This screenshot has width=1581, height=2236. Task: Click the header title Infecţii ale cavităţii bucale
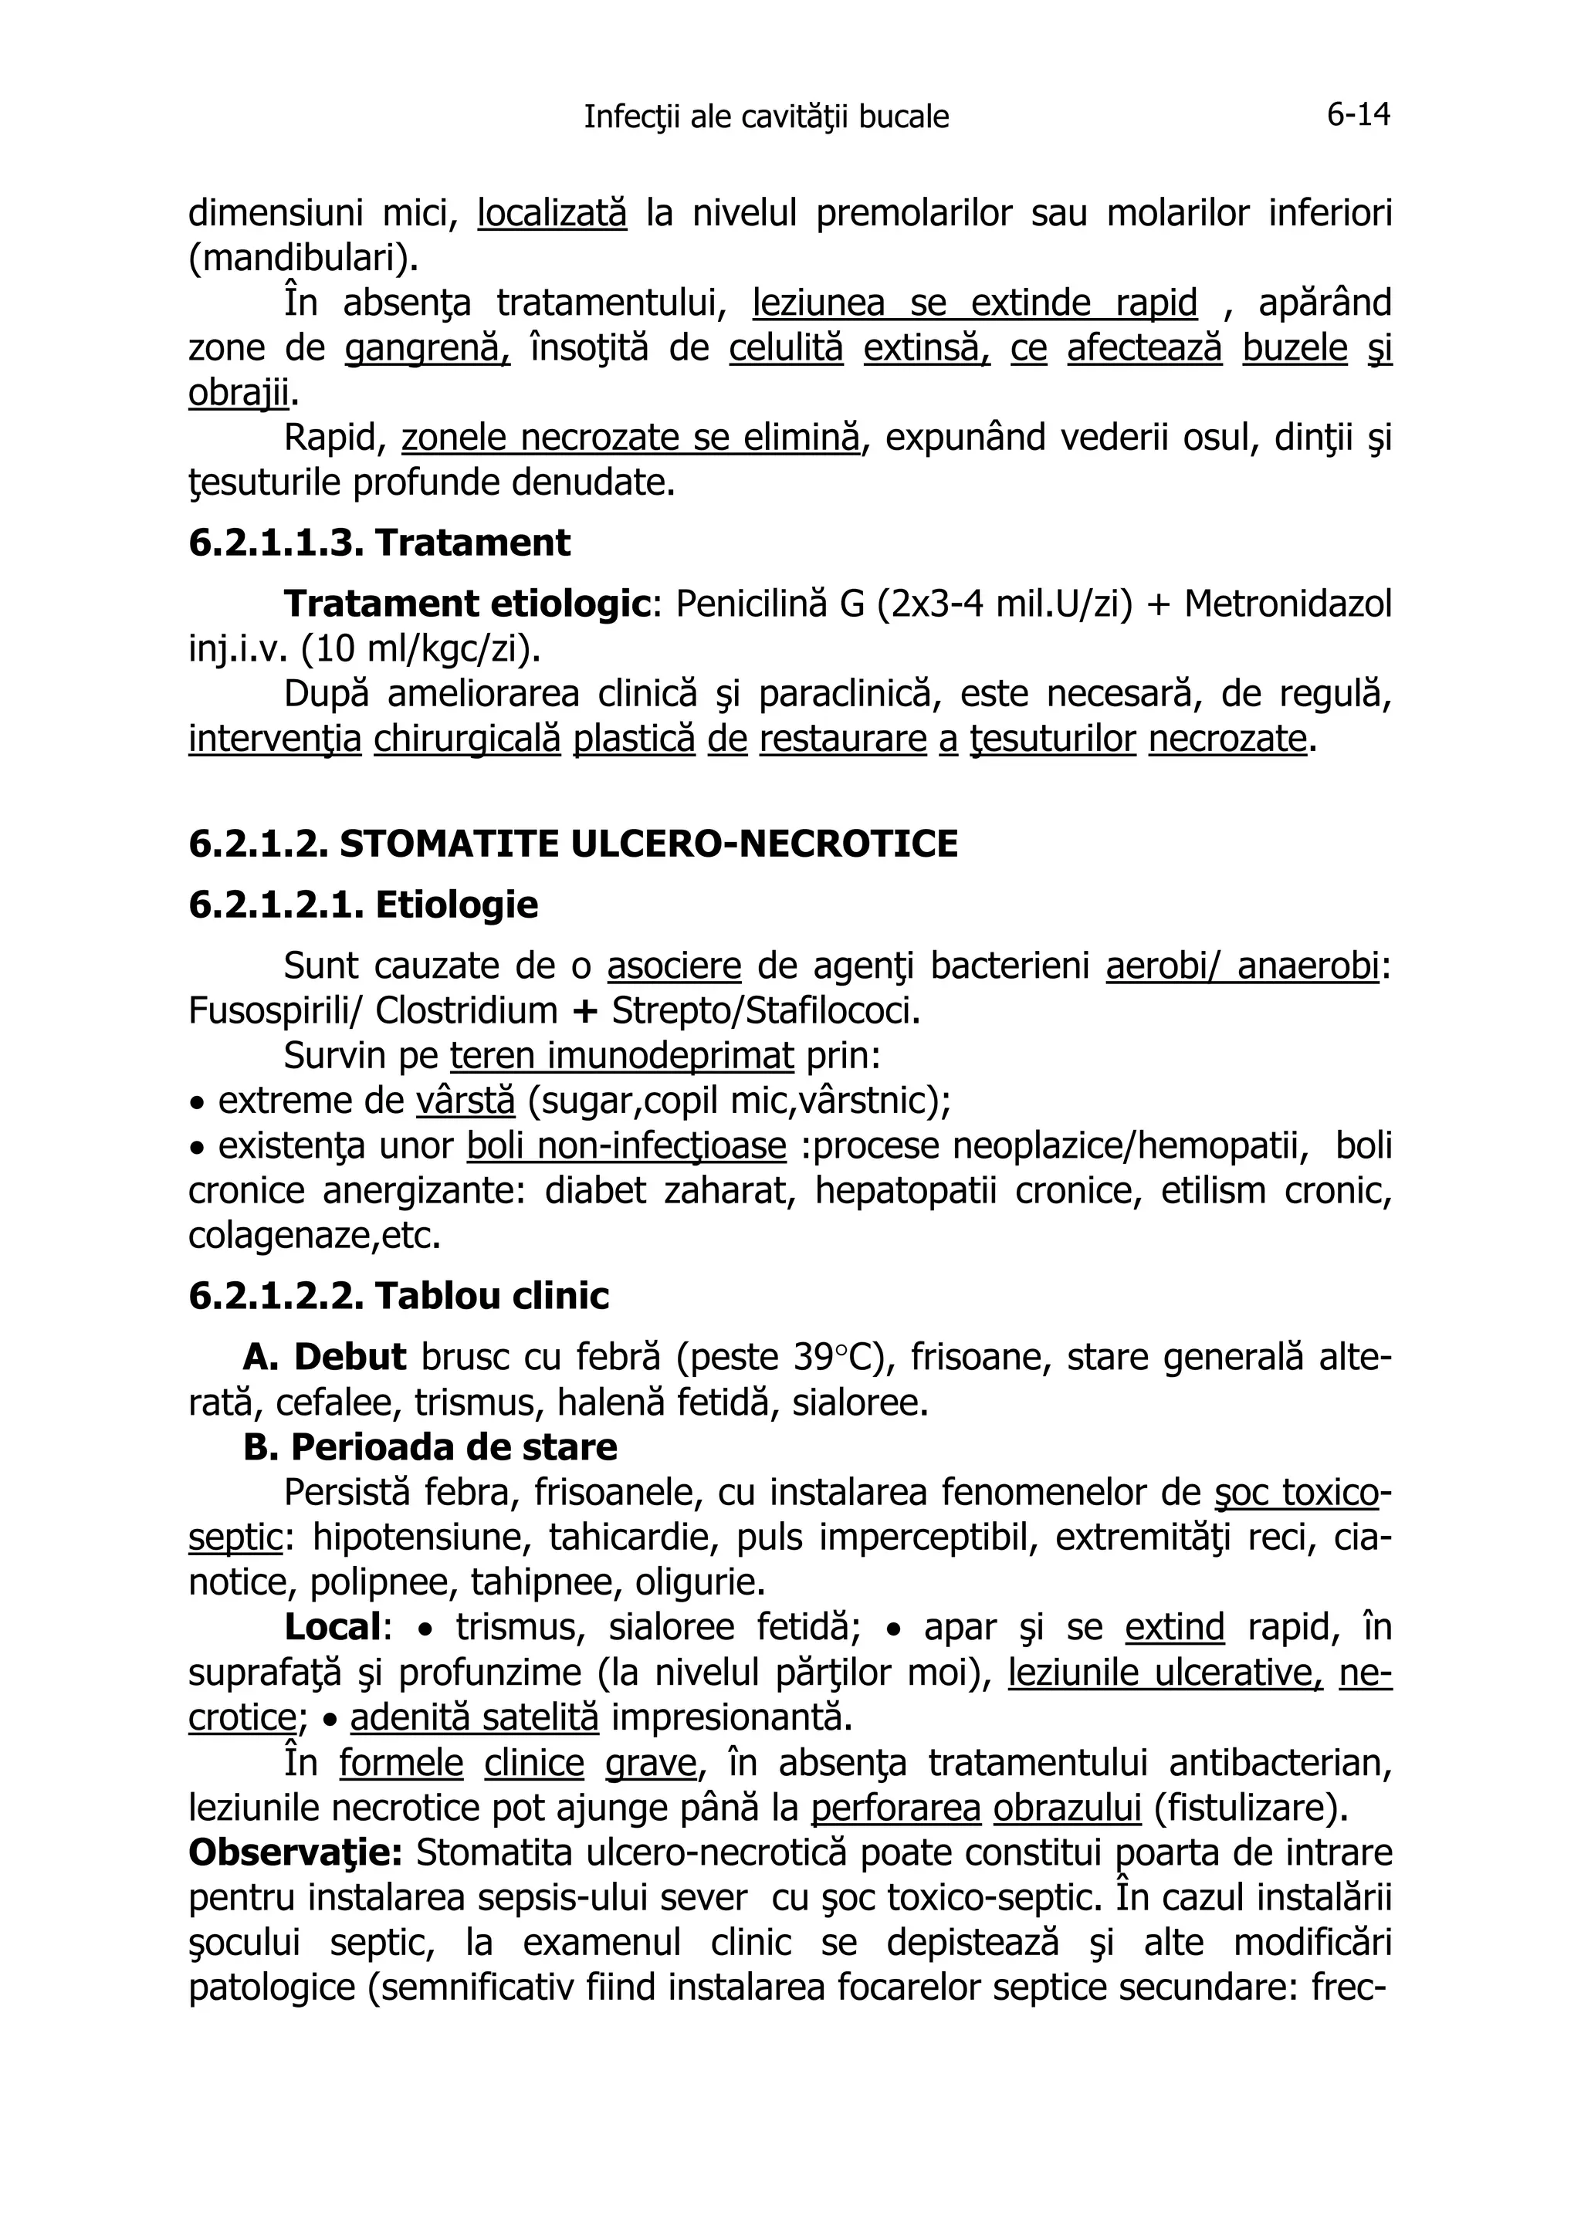[x=766, y=117]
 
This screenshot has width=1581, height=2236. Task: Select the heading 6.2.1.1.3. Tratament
[x=379, y=543]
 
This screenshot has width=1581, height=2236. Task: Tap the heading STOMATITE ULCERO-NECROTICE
[x=648, y=844]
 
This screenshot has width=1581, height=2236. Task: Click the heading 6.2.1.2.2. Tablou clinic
[x=398, y=1296]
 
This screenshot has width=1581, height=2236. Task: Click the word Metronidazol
[x=1288, y=604]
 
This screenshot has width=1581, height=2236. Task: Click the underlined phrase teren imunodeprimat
[x=621, y=1056]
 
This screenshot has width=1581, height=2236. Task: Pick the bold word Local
[x=331, y=1627]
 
